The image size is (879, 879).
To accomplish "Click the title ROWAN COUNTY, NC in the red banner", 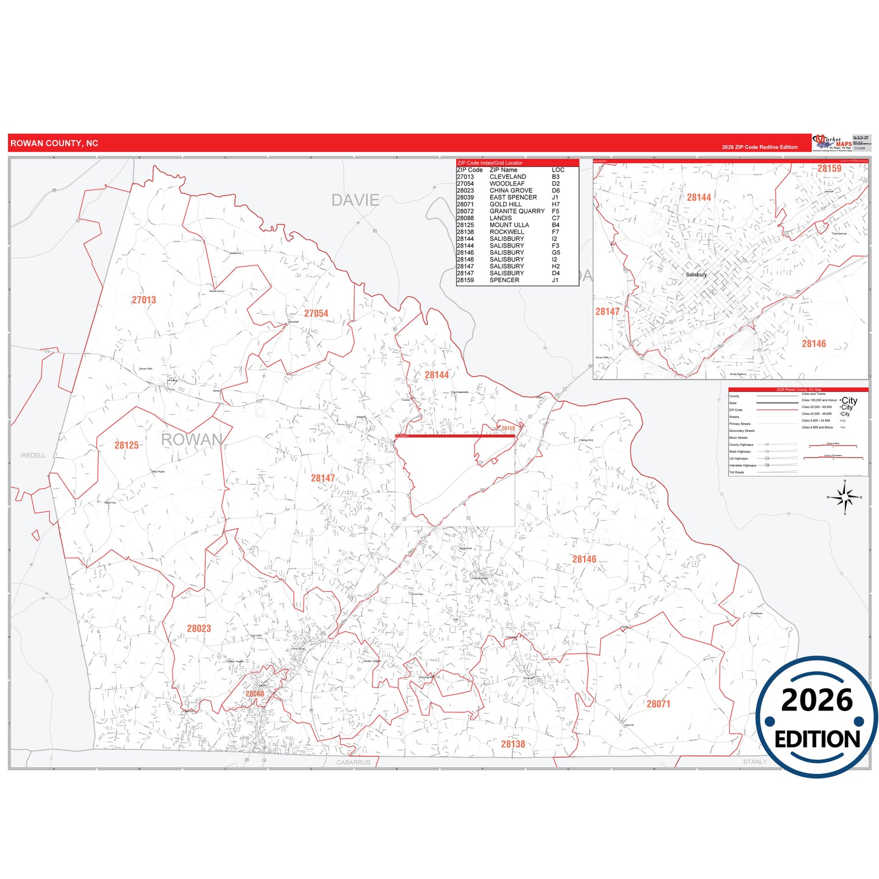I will [x=54, y=144].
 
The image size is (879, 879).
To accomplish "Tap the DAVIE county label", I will [x=355, y=200].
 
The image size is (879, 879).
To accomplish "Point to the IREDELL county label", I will [x=33, y=455].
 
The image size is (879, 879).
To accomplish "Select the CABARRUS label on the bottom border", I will [x=353, y=762].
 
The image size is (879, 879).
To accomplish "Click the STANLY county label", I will [x=755, y=762].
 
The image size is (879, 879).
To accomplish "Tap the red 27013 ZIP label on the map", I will [x=144, y=300].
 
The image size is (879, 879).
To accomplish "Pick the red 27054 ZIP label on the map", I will [x=316, y=313].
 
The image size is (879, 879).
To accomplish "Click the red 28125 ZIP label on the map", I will [x=127, y=445].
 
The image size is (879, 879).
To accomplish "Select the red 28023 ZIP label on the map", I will [x=199, y=628].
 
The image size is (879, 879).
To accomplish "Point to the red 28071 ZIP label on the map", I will [x=658, y=704].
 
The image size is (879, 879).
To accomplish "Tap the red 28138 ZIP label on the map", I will [x=513, y=744].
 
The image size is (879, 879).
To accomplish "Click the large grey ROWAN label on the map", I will [x=192, y=440].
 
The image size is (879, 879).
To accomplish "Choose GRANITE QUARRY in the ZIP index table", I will [x=517, y=211].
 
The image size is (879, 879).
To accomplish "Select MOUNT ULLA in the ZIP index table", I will [x=509, y=225].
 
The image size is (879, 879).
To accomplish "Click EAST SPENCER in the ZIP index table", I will [x=513, y=197].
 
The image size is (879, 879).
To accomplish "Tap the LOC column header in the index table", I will [x=558, y=170].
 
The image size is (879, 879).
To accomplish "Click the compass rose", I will [x=844, y=498].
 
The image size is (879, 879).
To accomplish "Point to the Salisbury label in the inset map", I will [x=697, y=274].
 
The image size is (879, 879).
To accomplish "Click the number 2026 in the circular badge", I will [x=817, y=700].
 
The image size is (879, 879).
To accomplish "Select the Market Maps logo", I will [x=832, y=143].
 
